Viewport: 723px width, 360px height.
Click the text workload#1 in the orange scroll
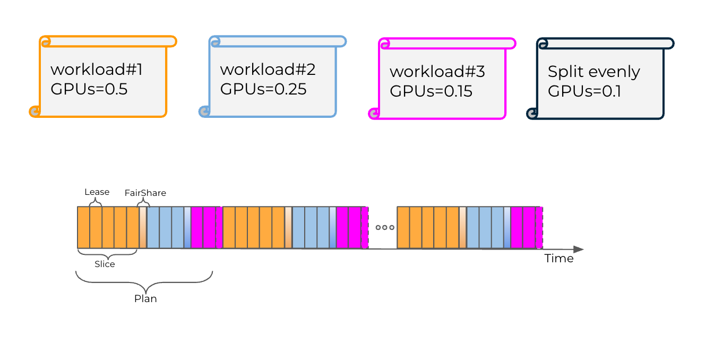pyautogui.click(x=97, y=70)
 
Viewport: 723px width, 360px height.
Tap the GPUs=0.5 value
pyautogui.click(x=89, y=89)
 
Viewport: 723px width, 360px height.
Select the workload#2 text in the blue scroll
pyautogui.click(x=268, y=70)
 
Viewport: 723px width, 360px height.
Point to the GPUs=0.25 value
pyautogui.click(x=263, y=89)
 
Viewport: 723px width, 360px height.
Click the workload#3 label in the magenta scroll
pyautogui.click(x=437, y=71)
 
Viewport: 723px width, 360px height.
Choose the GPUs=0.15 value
pyautogui.click(x=431, y=91)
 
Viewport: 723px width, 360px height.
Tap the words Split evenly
pyautogui.click(x=594, y=72)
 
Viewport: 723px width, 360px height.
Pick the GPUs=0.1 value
pyautogui.click(x=584, y=91)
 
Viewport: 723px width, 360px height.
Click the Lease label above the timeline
pyautogui.click(x=97, y=192)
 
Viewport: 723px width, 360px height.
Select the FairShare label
pyautogui.click(x=145, y=193)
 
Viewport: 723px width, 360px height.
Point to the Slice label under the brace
pyautogui.click(x=105, y=264)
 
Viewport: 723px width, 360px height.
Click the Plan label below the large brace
pyautogui.click(x=145, y=298)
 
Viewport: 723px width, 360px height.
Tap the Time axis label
pyautogui.click(x=559, y=259)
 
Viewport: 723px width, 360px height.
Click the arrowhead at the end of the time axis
pyautogui.click(x=579, y=249)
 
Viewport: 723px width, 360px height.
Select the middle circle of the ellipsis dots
pyautogui.click(x=385, y=227)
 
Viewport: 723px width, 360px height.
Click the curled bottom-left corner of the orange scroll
pyautogui.click(x=35, y=112)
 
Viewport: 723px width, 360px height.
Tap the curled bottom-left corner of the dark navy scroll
pyautogui.click(x=532, y=113)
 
